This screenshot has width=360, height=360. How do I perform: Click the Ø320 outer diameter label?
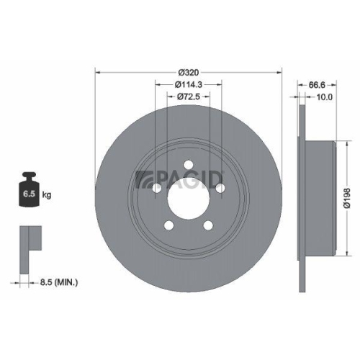[189, 73]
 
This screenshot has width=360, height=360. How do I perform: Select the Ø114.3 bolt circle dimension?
[189, 84]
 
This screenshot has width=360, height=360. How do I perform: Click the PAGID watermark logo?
[181, 176]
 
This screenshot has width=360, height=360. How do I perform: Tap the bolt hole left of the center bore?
[157, 189]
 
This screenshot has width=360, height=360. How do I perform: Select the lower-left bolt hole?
[169, 225]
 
